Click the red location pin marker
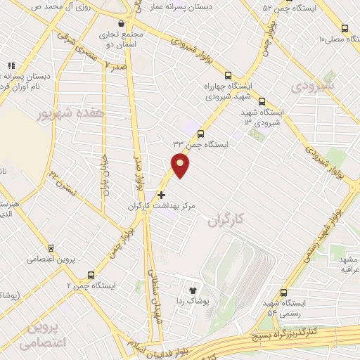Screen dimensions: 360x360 [181, 166]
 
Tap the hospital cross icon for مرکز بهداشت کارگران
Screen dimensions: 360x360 [162, 195]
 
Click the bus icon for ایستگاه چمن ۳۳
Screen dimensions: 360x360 [201, 134]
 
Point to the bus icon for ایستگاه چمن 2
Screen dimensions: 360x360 [91, 275]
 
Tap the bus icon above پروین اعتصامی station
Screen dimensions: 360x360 [51, 247]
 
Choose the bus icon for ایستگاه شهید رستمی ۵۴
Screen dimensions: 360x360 [283, 292]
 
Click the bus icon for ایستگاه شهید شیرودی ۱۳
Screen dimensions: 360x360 [262, 101]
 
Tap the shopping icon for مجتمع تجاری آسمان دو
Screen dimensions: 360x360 [122, 24]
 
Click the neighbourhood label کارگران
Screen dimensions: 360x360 [225, 220]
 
